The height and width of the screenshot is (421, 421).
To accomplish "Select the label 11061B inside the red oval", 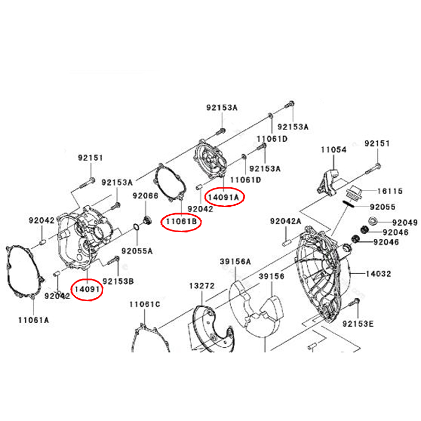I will (x=182, y=223).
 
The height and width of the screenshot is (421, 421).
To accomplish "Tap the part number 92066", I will (x=145, y=196).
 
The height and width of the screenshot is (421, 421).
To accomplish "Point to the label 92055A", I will (x=137, y=250).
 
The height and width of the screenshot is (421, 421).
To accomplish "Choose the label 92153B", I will (x=118, y=280).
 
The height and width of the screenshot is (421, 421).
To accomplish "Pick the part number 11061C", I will (x=145, y=304).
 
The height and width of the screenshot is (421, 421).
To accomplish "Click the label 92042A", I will (x=286, y=221).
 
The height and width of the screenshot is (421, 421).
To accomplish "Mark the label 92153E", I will (x=358, y=323).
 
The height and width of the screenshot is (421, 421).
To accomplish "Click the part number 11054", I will (x=334, y=149).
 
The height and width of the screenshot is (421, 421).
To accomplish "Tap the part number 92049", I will (x=404, y=223).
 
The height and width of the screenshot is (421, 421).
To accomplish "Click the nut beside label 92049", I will (x=373, y=222).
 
